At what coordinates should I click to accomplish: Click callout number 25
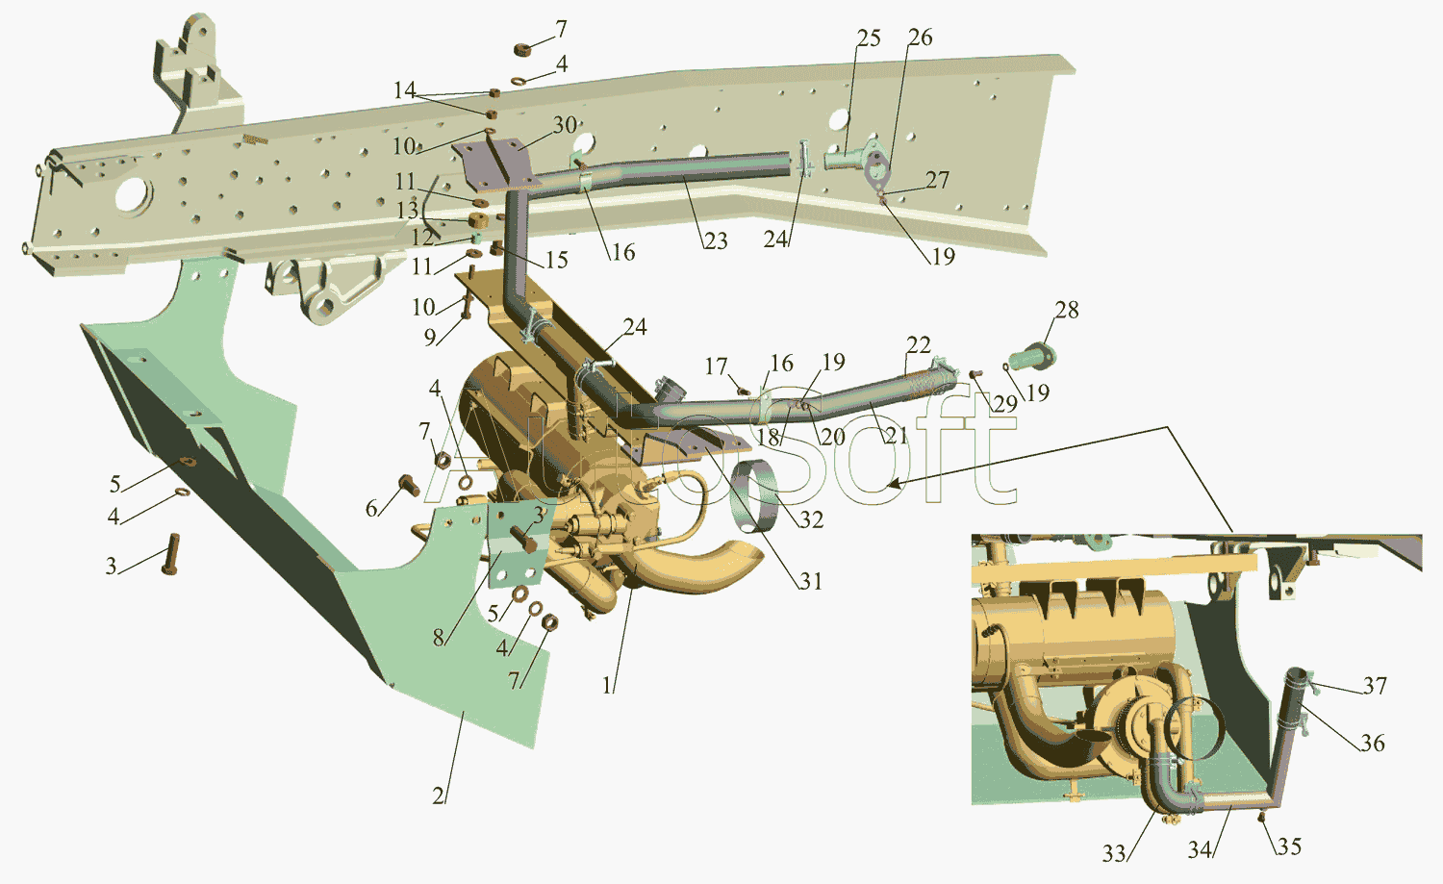[x=869, y=38]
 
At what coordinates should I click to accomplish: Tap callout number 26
[x=921, y=38]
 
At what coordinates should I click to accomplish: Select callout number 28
[x=1067, y=310]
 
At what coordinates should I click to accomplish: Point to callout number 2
[x=438, y=796]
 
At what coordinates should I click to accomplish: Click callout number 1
[x=607, y=686]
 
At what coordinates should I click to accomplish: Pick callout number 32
[x=812, y=519]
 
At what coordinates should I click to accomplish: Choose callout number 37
[x=1375, y=686]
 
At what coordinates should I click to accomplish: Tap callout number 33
[x=1114, y=854]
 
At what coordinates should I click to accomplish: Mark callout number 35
[x=1289, y=846]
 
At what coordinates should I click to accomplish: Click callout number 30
[x=565, y=125]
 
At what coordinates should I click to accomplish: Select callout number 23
[x=715, y=241]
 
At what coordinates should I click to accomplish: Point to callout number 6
[x=371, y=509]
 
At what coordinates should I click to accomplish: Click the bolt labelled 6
[x=409, y=484]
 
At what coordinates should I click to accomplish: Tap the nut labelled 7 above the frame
[x=522, y=50]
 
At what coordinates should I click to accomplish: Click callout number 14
[x=405, y=90]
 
